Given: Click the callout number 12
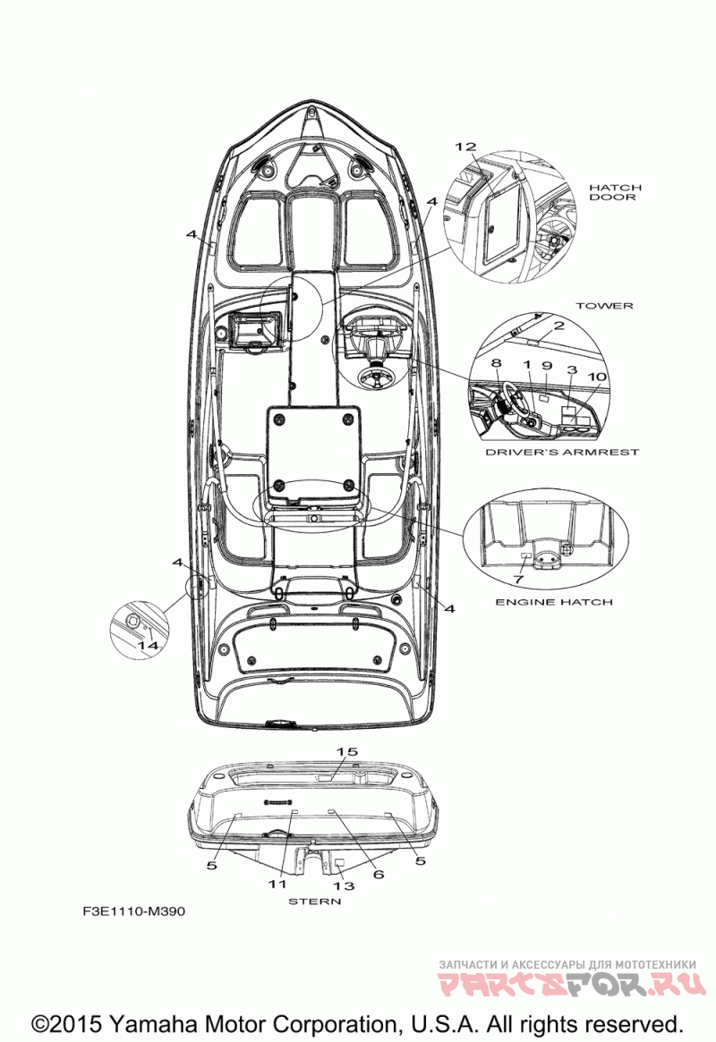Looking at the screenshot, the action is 465,147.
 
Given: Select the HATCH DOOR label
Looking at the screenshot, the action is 614,192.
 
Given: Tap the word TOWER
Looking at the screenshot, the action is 604,306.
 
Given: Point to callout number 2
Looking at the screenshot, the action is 558,326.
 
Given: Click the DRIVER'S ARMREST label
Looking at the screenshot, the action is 562,453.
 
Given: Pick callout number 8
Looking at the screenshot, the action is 496,364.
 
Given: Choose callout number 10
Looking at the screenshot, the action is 597,377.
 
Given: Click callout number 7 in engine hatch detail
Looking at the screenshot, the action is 518,580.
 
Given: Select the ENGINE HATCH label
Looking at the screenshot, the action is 554,602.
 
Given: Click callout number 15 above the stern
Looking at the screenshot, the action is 346,750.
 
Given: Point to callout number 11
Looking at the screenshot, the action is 277,883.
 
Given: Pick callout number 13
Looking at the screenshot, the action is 344,885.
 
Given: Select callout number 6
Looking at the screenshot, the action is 379,874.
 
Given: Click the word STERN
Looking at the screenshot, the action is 314,902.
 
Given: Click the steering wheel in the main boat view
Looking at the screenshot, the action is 374,377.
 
